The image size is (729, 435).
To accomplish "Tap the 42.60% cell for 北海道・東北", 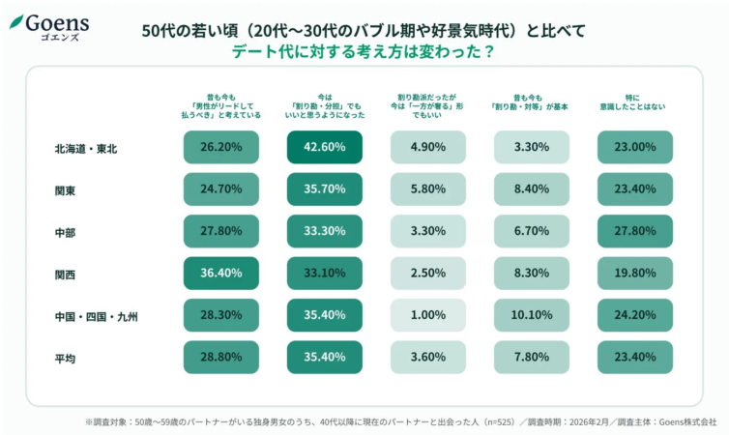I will [325, 147].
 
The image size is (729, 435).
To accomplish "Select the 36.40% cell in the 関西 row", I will [221, 274].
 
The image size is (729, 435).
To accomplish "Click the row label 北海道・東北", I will [87, 148].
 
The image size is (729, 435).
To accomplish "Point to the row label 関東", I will [66, 190].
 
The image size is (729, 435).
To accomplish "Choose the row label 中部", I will [66, 232].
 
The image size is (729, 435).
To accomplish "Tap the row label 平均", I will [66, 358].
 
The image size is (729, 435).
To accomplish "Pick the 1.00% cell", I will [428, 315].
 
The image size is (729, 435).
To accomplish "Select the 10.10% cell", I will [532, 315].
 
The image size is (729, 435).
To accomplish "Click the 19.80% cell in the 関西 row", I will [635, 274].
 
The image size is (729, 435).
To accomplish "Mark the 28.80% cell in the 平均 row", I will [221, 358].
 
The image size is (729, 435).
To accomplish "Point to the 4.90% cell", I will [428, 147].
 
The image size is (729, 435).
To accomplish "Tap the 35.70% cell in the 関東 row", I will [325, 189].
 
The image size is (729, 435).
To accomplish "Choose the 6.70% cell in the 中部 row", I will [532, 231].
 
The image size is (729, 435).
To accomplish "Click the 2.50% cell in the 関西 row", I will [428, 274].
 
